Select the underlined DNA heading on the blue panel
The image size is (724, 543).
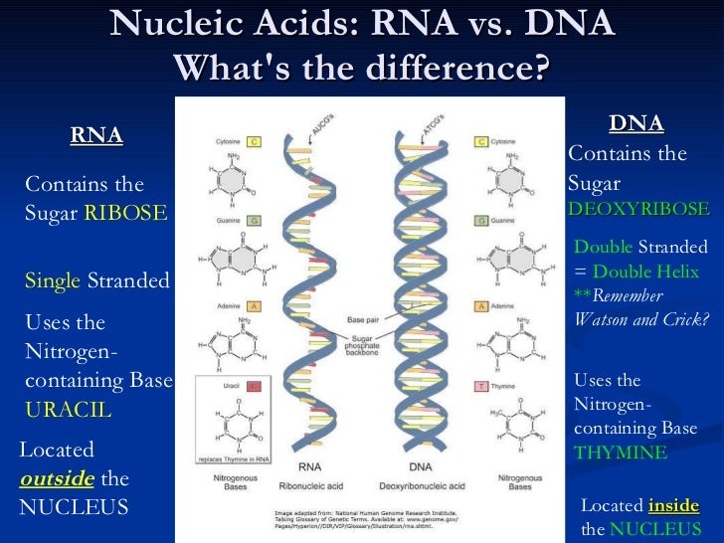636,124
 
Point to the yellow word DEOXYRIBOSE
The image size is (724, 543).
637,210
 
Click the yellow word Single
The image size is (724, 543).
52,280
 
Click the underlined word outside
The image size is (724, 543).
57,478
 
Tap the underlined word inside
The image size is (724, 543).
673,505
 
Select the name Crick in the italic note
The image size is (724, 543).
685,319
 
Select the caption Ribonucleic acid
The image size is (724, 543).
308,486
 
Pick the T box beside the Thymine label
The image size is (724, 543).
481,386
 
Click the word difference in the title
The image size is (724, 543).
466,68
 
